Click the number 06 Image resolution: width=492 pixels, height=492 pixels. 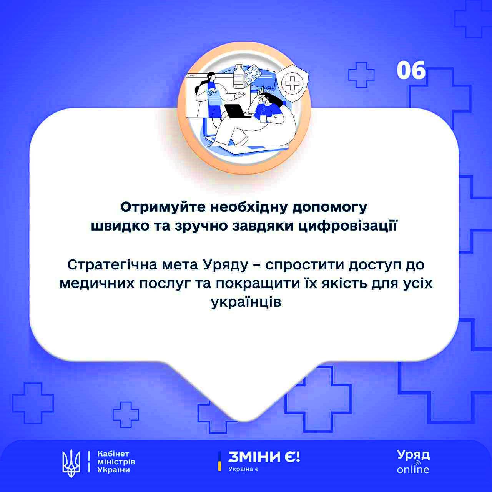pyautogui.click(x=411, y=70)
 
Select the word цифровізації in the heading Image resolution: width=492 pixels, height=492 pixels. pyautogui.click(x=348, y=226)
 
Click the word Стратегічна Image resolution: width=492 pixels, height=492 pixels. pyautogui.click(x=112, y=265)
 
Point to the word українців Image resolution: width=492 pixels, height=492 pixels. pyautogui.click(x=246, y=302)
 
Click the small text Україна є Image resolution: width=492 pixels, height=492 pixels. pyautogui.click(x=243, y=469)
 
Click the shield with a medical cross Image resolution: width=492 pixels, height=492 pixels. pyautogui.click(x=293, y=83)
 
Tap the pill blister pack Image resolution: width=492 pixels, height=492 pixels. pyautogui.click(x=252, y=75)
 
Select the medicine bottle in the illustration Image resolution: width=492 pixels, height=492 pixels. pyautogui.click(x=239, y=76)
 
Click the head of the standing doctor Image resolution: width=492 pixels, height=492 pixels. pyautogui.click(x=211, y=76)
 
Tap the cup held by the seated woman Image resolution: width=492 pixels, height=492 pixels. pyautogui.click(x=263, y=119)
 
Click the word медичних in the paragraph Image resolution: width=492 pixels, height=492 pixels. pyautogui.click(x=97, y=284)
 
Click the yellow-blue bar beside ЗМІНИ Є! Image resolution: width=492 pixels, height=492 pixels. pyautogui.click(x=219, y=461)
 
